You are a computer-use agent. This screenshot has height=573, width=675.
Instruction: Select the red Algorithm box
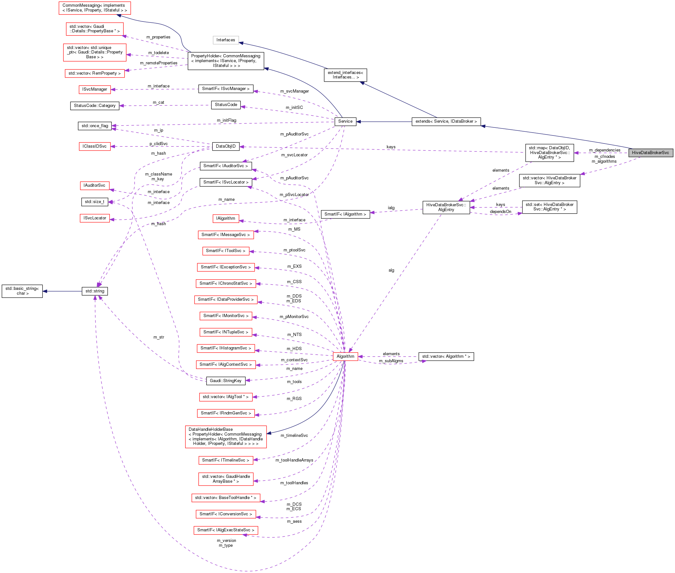pos(345,356)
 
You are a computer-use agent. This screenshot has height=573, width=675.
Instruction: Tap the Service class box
pos(345,121)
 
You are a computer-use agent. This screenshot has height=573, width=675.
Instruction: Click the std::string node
pos(95,291)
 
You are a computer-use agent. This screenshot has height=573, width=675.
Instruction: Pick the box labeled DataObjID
pos(226,146)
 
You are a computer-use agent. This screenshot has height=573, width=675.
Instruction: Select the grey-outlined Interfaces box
pos(226,40)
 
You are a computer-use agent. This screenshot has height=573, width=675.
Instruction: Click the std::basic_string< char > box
pos(22,291)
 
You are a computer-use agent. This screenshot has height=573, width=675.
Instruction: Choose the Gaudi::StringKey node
pos(226,381)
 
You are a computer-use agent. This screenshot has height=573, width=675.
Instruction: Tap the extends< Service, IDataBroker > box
pos(446,121)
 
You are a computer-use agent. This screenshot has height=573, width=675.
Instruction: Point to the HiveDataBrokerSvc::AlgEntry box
pos(446,207)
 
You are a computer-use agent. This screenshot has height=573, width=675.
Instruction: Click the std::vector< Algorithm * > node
pos(446,356)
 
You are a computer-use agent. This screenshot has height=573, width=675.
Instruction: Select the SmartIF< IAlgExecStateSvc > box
pos(226,530)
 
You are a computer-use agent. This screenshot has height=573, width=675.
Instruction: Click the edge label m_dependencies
pos(604,150)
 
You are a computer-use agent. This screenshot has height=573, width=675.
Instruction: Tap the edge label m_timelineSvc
pos(294,436)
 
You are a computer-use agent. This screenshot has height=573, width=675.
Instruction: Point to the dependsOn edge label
pos(500,212)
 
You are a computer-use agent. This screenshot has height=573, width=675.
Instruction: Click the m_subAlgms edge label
pos(391,361)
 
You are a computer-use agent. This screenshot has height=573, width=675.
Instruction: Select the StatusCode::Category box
pos(95,106)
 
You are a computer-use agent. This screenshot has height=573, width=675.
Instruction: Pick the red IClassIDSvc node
pos(95,146)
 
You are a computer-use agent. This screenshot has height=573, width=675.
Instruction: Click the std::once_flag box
pos(95,126)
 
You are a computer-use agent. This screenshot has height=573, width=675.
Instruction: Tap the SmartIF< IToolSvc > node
pos(226,251)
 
